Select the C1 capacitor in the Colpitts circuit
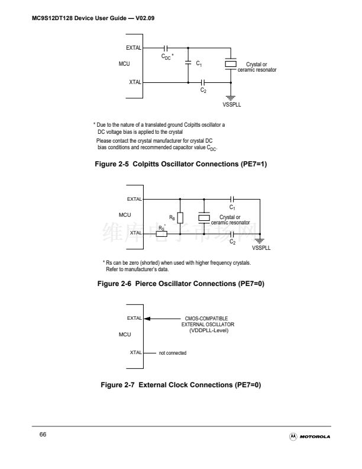click(x=188, y=62)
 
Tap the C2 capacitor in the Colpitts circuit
click(x=203, y=82)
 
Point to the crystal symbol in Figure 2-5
click(x=232, y=63)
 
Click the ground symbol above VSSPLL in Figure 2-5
click(x=232, y=97)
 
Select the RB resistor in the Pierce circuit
click(x=180, y=218)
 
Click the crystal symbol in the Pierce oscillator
click(x=204, y=218)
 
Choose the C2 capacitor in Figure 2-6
click(x=233, y=234)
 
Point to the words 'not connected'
click(x=173, y=353)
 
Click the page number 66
click(x=43, y=435)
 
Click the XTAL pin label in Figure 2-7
click(x=135, y=353)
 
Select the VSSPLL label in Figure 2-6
click(x=261, y=248)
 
